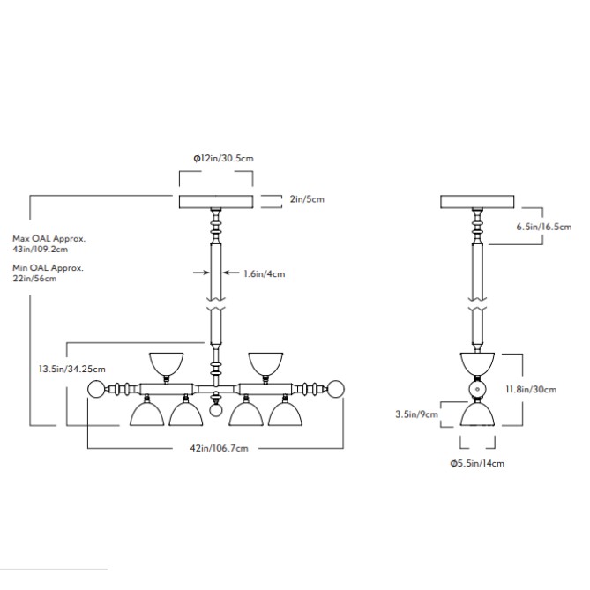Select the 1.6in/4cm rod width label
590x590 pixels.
(x=265, y=273)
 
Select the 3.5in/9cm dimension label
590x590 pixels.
(x=418, y=414)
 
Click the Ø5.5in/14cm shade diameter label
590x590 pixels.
(x=477, y=463)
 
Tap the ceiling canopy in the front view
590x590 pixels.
(x=215, y=201)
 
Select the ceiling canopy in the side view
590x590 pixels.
(x=476, y=201)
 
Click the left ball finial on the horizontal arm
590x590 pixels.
(x=97, y=389)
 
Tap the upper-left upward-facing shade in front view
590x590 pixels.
(x=166, y=362)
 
